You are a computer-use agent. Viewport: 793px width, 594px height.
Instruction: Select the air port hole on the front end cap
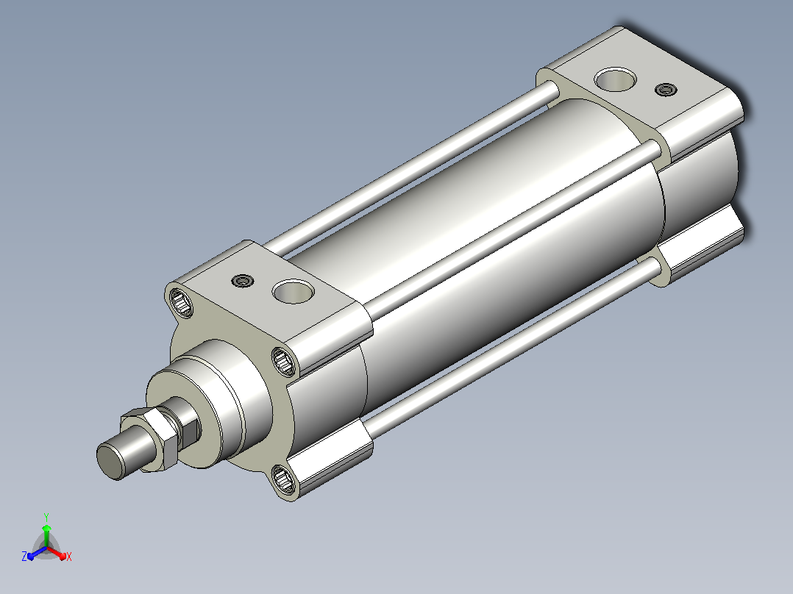pyautogui.click(x=293, y=292)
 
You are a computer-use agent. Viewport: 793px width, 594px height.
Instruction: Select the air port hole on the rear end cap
pyautogui.click(x=615, y=80)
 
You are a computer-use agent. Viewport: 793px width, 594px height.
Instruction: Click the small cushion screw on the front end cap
pyautogui.click(x=242, y=281)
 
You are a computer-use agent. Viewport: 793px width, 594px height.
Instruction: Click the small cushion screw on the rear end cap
pyautogui.click(x=666, y=90)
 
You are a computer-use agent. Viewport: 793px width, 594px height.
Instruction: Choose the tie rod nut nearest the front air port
pyautogui.click(x=285, y=361)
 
